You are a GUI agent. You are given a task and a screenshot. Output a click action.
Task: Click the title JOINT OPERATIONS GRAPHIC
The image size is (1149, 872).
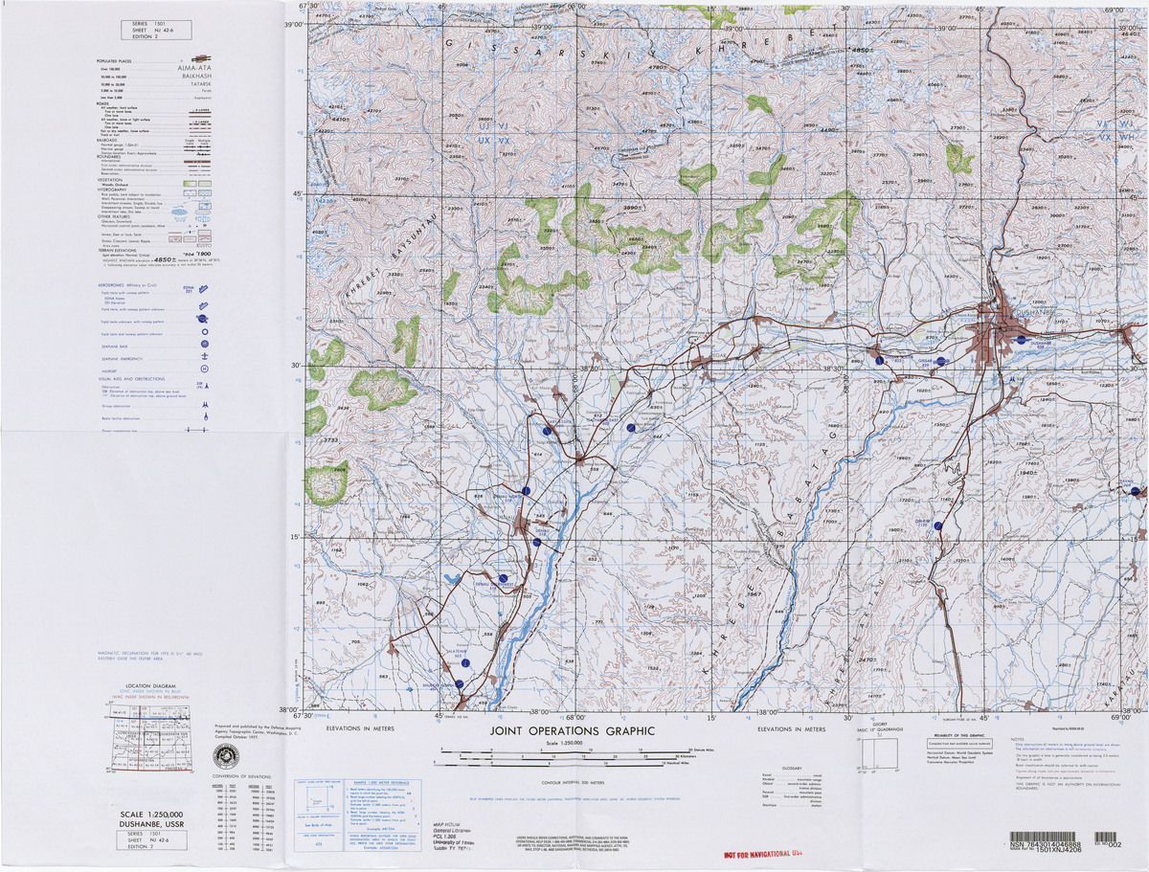point(573,731)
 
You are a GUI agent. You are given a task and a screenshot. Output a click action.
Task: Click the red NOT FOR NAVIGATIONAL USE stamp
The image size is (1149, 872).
point(762,853)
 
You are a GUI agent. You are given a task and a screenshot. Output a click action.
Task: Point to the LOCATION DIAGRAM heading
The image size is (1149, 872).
point(151,686)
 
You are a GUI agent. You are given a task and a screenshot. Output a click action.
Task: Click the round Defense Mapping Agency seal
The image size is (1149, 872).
point(226,755)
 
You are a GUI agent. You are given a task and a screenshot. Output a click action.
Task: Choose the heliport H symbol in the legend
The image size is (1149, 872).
point(203,369)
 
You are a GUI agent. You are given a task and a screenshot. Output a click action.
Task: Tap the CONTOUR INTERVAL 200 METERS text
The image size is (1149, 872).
point(573,781)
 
